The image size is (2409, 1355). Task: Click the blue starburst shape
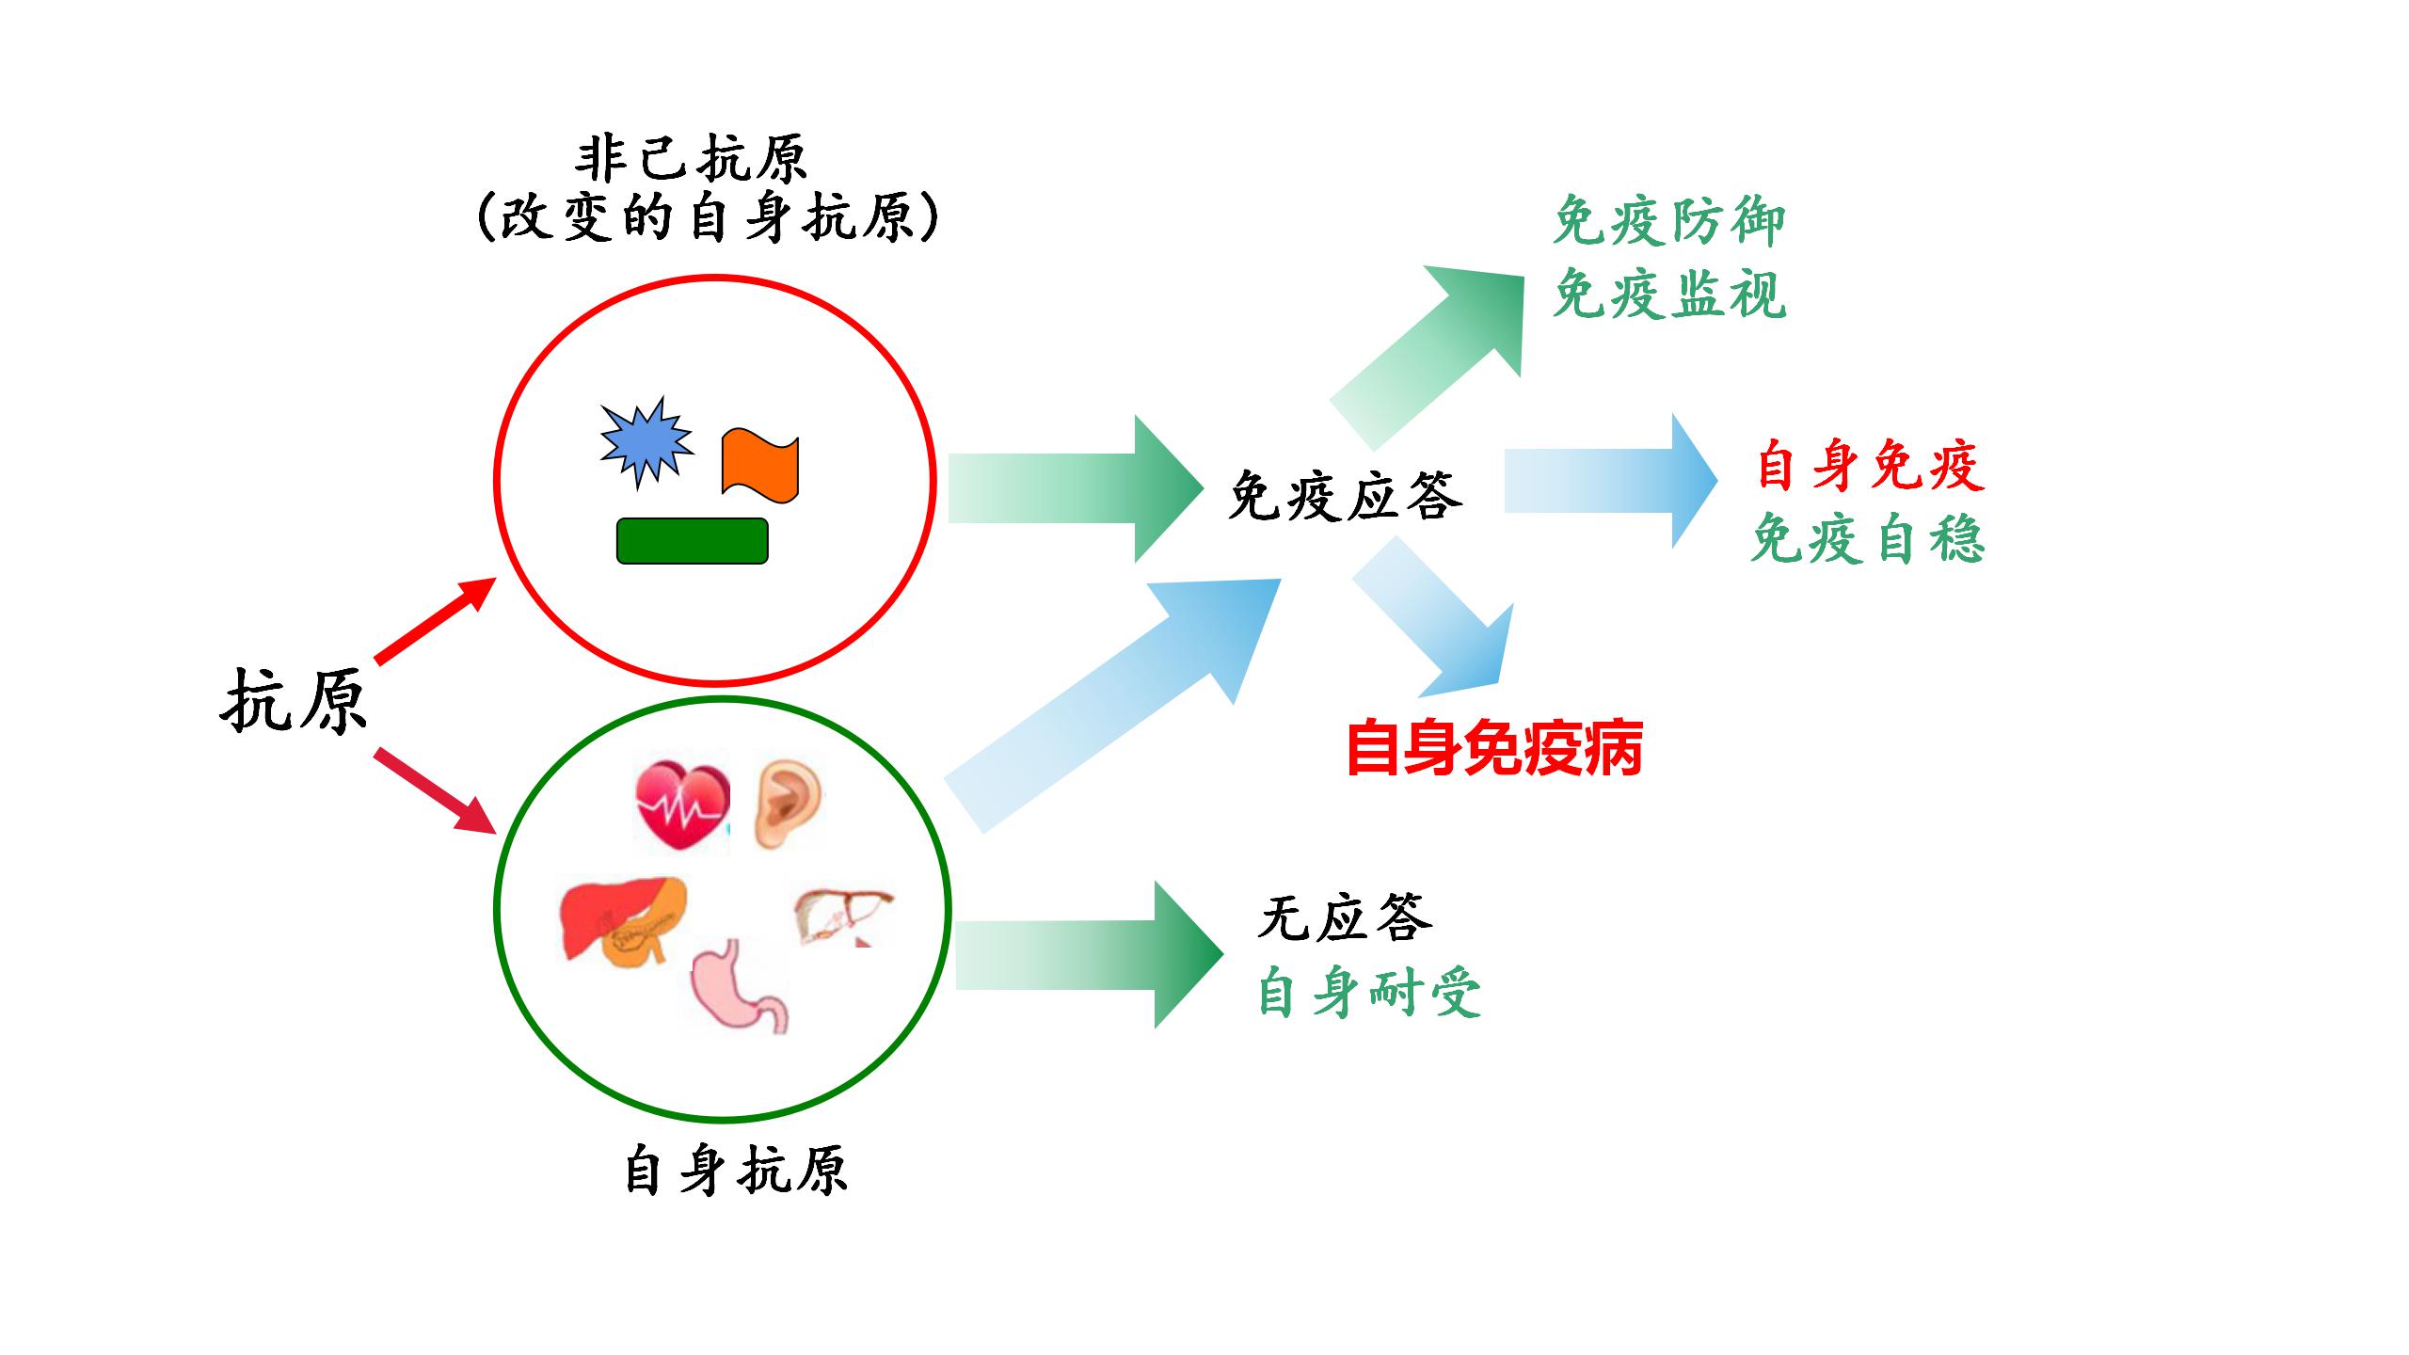point(646,442)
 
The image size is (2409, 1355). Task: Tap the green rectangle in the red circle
point(692,541)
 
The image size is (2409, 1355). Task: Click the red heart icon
point(682,805)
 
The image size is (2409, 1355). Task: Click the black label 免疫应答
point(1346,496)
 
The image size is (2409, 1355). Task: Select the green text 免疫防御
point(1668,222)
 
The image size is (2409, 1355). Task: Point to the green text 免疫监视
point(1668,295)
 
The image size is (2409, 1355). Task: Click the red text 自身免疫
point(1870,466)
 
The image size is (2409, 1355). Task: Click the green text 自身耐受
point(1369,993)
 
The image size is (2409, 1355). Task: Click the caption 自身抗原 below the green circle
point(736,1172)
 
